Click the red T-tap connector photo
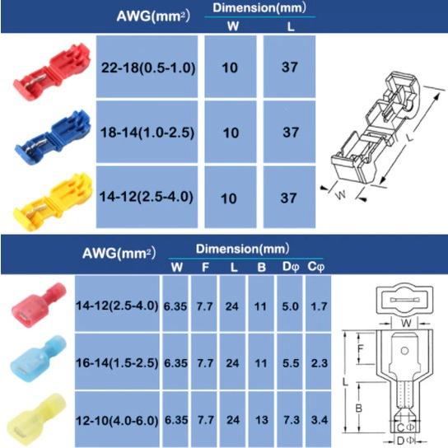pyautogui.click(x=52, y=72)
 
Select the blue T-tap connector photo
pyautogui.click(x=54, y=138)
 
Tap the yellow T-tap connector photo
pyautogui.click(x=54, y=201)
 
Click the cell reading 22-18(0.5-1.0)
pyautogui.click(x=147, y=67)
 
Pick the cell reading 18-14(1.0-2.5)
pyautogui.click(x=147, y=132)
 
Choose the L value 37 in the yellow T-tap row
pyautogui.click(x=289, y=198)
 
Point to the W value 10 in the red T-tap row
pyautogui.click(x=231, y=67)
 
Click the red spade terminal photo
pyautogui.click(x=39, y=305)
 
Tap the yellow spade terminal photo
pyautogui.click(x=36, y=418)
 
